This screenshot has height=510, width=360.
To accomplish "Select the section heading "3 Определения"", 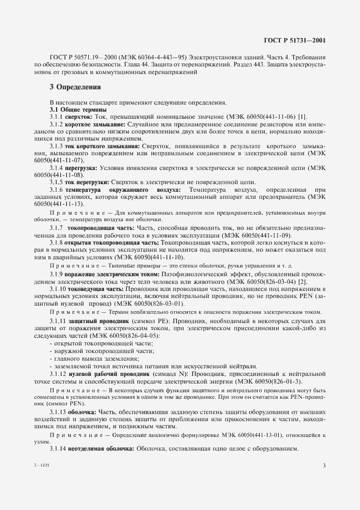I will click(x=75, y=87).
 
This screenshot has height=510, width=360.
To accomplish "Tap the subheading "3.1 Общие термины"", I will click(x=71, y=110).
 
